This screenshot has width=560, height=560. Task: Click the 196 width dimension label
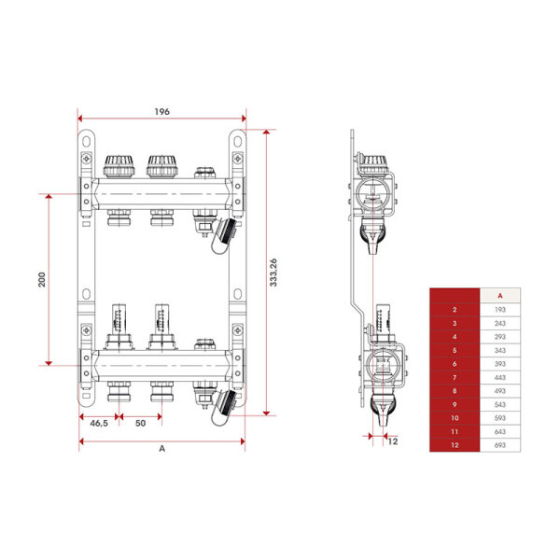(x=161, y=111)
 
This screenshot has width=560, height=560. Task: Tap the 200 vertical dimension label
(x=42, y=279)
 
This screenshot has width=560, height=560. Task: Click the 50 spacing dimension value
(x=141, y=424)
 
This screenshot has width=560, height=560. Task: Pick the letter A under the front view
(x=161, y=449)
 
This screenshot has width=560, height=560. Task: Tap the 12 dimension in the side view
(x=393, y=441)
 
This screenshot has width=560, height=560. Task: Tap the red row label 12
(x=454, y=447)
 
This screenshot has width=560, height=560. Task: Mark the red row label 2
(x=454, y=308)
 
